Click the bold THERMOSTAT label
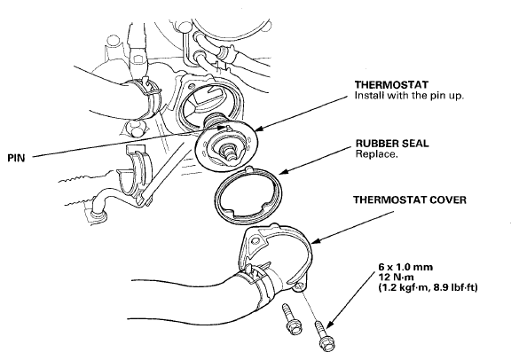391,85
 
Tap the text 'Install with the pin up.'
409,96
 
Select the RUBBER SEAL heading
392,144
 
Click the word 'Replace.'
376,154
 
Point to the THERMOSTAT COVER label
410,200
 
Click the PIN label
16,158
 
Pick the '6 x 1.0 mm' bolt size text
405,267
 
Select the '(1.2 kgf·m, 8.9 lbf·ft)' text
428,288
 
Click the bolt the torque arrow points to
322,336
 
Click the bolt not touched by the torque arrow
290,319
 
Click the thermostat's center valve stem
229,153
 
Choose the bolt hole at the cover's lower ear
300,286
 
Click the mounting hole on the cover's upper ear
256,240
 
